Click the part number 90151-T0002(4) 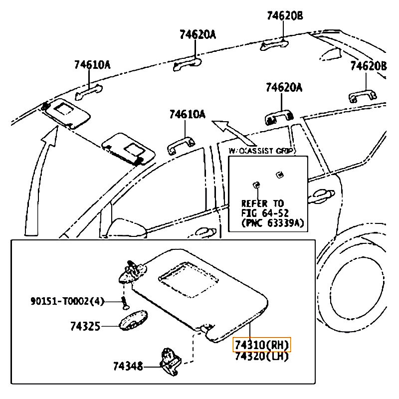(x=67, y=301)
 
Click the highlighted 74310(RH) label (x=261, y=345)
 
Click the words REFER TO (x=262, y=203)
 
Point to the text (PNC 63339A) (x=272, y=223)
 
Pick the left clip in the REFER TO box (x=256, y=185)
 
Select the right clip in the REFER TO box (x=279, y=174)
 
